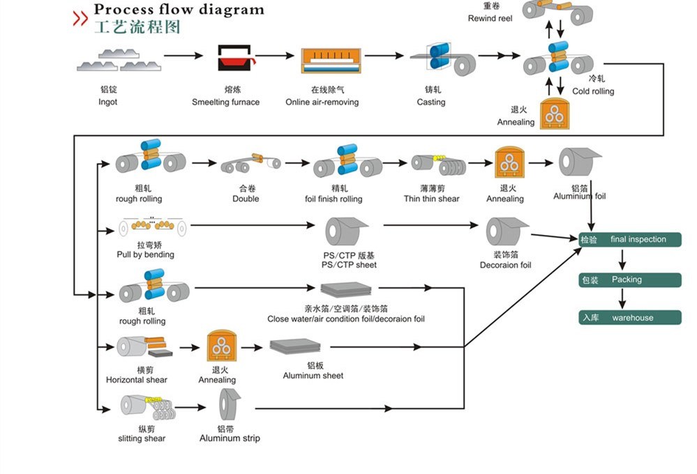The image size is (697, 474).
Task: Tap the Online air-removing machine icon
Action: point(331,61)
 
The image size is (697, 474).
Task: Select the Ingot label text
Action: point(107,102)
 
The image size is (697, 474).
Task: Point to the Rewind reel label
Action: point(490,18)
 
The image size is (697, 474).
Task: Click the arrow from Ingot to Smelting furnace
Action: point(183,55)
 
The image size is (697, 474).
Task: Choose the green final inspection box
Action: point(630,240)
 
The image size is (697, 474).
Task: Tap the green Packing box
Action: point(630,280)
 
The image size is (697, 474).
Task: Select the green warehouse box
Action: point(630,318)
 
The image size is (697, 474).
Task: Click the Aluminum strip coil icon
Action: point(230,406)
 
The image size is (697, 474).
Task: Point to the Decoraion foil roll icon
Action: point(507,231)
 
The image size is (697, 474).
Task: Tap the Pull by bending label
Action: point(145,254)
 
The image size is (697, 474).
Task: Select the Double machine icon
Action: point(249,163)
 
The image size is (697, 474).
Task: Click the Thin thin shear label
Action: point(431,199)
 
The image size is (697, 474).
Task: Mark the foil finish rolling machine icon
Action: point(346,162)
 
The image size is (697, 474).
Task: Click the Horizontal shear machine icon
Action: point(144,346)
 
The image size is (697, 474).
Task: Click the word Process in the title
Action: point(120,10)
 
